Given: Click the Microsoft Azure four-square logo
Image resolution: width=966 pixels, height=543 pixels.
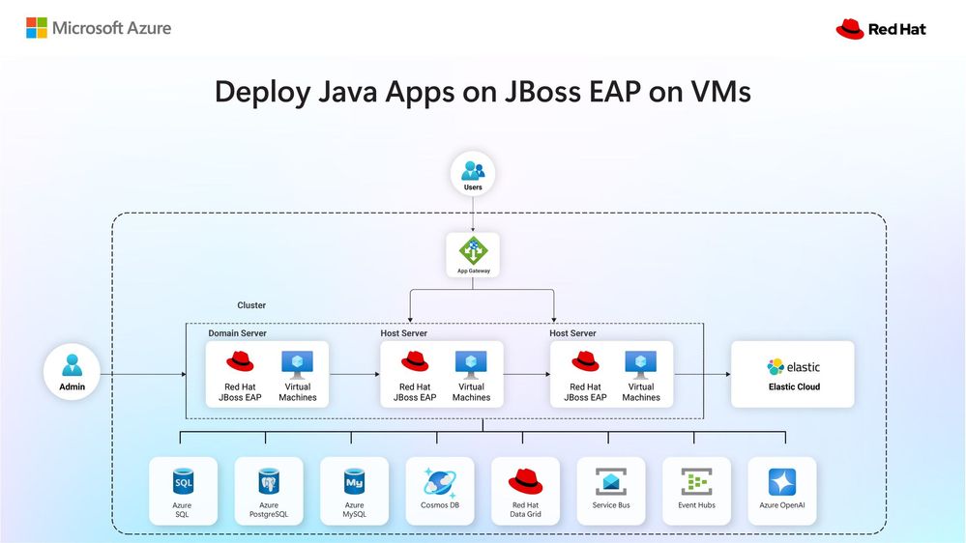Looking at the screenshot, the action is point(37,28).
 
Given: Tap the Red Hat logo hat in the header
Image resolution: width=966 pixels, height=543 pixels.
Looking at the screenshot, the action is point(850,29).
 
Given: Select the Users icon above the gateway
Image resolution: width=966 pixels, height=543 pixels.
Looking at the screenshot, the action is point(473,170).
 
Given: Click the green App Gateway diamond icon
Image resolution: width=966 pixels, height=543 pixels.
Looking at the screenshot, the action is point(473,250).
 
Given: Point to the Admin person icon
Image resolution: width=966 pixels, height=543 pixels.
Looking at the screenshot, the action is point(73,365).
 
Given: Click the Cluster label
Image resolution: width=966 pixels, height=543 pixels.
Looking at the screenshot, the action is point(251,305).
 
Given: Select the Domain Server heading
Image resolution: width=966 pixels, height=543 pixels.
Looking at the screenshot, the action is point(237,333).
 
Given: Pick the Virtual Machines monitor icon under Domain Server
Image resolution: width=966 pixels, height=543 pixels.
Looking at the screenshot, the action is point(298,364).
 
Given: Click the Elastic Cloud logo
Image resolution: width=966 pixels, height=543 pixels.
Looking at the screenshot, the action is point(794,367).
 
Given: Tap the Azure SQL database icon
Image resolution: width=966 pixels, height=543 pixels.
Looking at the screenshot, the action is point(183,482).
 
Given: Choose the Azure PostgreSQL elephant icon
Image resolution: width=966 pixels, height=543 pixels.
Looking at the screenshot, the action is point(269,482).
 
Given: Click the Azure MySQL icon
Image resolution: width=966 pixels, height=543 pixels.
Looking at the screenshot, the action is point(354,482).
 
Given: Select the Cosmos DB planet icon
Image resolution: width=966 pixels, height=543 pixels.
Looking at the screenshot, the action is point(440,482).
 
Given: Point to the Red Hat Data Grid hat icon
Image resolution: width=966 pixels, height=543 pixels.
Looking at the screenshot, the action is point(525,481).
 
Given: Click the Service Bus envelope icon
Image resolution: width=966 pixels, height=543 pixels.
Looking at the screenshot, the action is point(611,482).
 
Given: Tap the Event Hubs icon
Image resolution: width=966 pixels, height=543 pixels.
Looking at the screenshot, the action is point(697,482).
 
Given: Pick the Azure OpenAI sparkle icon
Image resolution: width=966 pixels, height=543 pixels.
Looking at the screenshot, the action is point(782,482).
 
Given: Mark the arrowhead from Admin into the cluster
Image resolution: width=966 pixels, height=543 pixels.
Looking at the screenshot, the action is point(184,374).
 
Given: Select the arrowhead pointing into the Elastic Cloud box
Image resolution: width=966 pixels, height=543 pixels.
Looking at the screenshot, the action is point(727,374).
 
